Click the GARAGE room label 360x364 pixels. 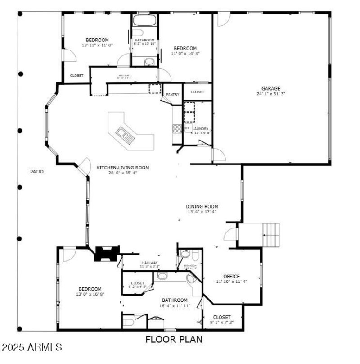coord(271,89)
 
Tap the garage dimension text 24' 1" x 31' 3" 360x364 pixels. coord(271,94)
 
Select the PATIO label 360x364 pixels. coord(37,172)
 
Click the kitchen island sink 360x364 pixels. coord(122,133)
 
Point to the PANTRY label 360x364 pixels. coord(172,95)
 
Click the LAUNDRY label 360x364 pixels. coord(201,129)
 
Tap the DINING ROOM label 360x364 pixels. coord(202,207)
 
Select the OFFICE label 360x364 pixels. coord(231,276)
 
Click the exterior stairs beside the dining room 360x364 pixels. coord(271,235)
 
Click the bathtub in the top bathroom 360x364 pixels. coord(144,20)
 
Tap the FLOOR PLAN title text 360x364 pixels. coord(174,339)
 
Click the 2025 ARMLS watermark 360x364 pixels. coord(31,347)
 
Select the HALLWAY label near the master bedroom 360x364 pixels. coord(150,263)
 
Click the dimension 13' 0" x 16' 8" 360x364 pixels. coord(90,294)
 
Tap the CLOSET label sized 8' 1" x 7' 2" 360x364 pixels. coord(221,318)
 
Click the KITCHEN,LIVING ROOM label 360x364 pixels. coord(122,168)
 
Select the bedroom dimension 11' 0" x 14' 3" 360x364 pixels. coord(185,53)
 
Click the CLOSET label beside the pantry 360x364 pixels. coord(197,92)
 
